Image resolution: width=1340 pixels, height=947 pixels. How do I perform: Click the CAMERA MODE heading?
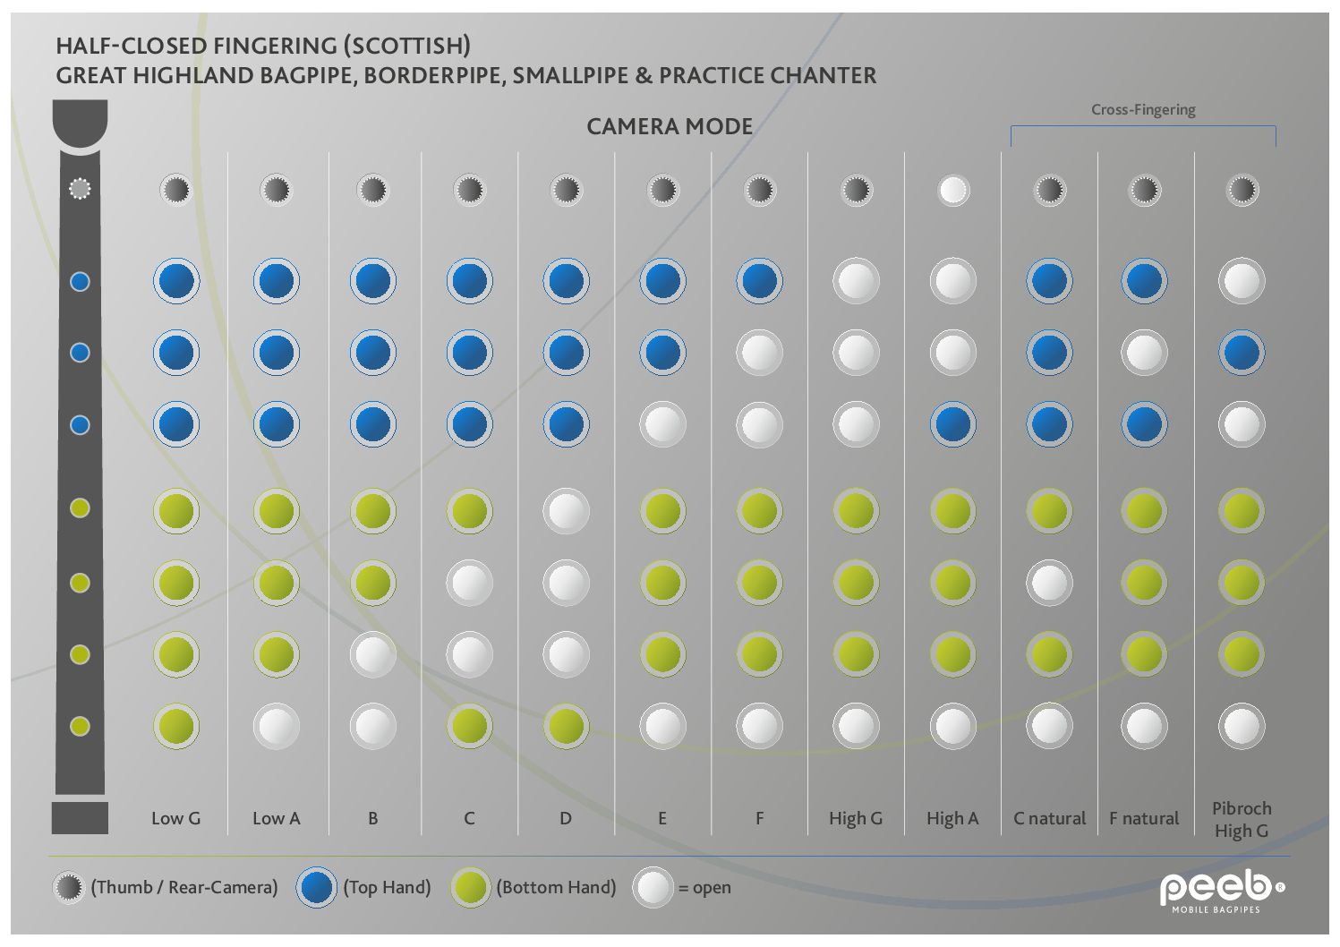(670, 127)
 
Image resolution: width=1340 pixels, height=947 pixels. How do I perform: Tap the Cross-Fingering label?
(1143, 110)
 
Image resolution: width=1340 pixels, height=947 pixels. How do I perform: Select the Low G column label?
(175, 818)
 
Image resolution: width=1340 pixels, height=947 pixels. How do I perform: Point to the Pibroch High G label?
(1241, 819)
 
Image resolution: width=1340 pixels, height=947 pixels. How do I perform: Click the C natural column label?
(1049, 818)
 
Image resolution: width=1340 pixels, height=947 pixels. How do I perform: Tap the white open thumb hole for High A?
(953, 190)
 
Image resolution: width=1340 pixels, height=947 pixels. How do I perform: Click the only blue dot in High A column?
(952, 424)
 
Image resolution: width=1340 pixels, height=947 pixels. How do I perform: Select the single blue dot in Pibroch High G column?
(1242, 353)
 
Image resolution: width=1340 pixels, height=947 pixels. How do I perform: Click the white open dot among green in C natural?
(1049, 584)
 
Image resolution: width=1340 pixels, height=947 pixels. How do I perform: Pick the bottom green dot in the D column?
(566, 726)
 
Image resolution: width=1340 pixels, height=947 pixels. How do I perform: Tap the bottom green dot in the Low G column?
(175, 726)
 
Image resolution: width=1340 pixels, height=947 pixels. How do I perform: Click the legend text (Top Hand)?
(388, 887)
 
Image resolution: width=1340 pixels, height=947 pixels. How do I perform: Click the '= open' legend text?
(704, 888)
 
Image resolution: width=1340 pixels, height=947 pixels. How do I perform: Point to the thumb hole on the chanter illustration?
(80, 189)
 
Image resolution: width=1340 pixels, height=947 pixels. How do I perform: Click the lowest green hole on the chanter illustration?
(80, 726)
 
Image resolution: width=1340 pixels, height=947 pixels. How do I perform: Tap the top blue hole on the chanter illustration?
(80, 282)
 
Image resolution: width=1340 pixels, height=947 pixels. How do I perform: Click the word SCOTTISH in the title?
(407, 46)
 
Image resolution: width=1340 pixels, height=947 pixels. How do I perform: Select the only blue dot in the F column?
(759, 281)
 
